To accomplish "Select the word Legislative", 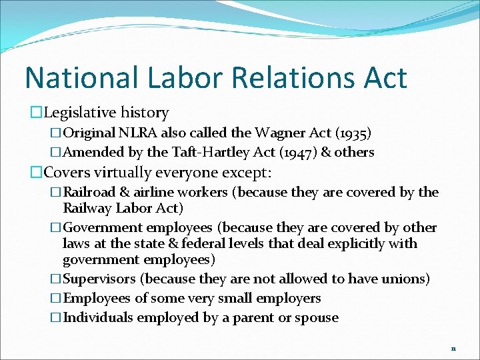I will pos(79,113).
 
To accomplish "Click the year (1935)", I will pos(352,133).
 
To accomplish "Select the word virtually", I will pos(125,173).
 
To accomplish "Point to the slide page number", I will pos(453,348).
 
